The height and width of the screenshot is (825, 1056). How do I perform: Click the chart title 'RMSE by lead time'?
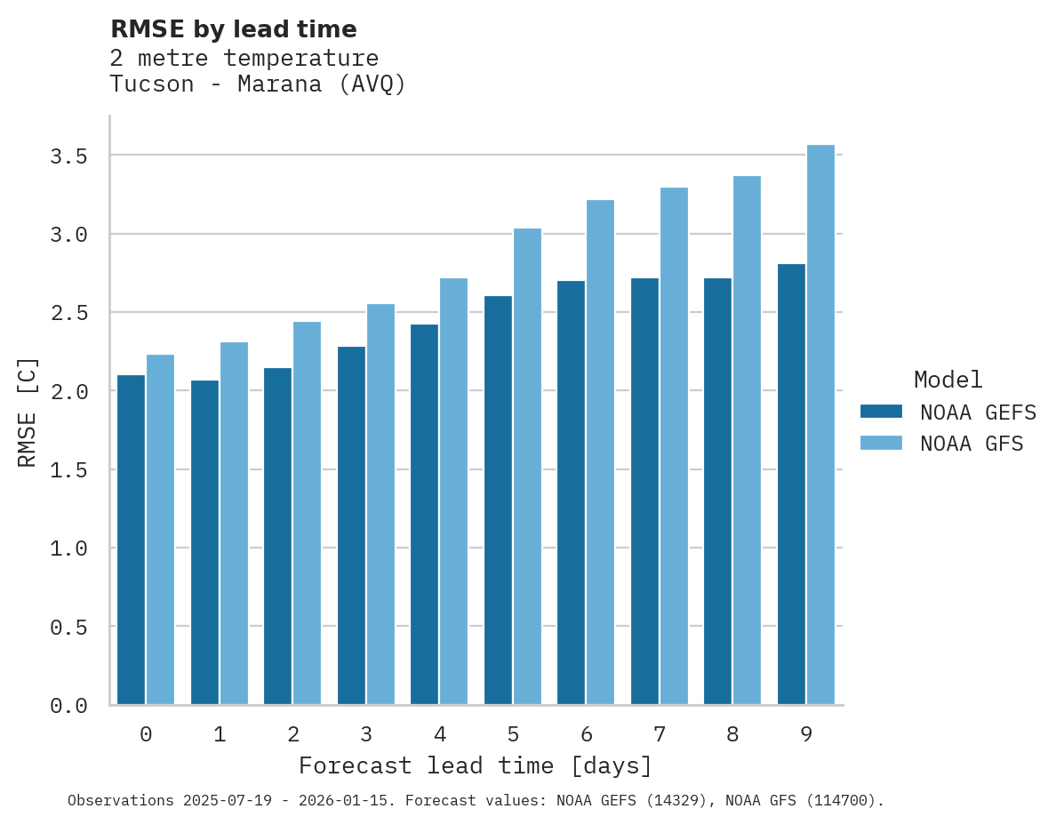tap(233, 29)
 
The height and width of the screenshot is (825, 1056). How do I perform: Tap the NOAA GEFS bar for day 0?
tap(131, 540)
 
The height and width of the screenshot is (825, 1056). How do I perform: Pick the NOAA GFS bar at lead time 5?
tap(527, 466)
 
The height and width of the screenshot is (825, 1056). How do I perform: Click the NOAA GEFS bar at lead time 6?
tap(571, 493)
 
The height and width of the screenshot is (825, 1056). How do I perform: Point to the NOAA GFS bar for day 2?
tap(307, 513)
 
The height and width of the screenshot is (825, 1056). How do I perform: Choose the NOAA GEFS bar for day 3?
tap(351, 525)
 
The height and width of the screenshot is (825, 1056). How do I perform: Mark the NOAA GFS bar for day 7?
tap(674, 445)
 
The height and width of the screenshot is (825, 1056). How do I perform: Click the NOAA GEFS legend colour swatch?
tap(881, 412)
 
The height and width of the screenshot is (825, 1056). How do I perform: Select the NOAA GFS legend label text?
tap(972, 444)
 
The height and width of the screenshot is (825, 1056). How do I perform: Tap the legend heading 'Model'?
tap(948, 380)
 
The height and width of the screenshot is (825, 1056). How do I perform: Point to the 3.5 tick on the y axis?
tap(68, 156)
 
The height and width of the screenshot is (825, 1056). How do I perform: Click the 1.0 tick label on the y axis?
tap(68, 549)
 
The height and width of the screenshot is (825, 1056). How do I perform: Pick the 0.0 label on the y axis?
tap(68, 706)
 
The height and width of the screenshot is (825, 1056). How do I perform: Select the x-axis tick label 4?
tap(439, 734)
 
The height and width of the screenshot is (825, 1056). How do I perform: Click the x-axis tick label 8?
tap(732, 734)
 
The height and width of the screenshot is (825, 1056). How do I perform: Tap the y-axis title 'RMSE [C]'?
tap(28, 412)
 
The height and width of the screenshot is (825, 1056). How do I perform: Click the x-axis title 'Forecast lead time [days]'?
tap(476, 765)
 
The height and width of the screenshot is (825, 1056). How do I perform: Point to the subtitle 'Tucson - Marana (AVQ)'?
tap(258, 84)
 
